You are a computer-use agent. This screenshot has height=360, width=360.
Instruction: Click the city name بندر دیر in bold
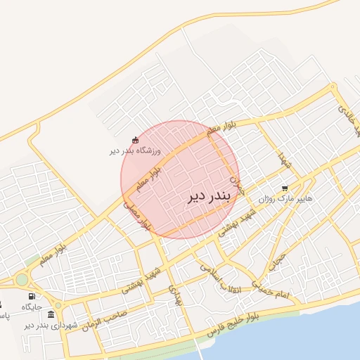[x=209, y=197]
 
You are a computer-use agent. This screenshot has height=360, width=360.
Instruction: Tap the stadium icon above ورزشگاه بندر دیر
[x=136, y=141]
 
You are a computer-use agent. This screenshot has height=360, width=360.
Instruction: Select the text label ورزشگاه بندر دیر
[x=136, y=151]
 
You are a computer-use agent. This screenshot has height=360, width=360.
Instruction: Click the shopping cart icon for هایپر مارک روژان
[x=285, y=188]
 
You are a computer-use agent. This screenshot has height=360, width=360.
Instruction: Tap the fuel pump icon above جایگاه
[x=32, y=296]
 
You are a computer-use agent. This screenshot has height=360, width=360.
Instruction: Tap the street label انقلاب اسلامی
[x=221, y=276]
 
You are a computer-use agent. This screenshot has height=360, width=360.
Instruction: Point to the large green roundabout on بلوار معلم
[x=21, y=280]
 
